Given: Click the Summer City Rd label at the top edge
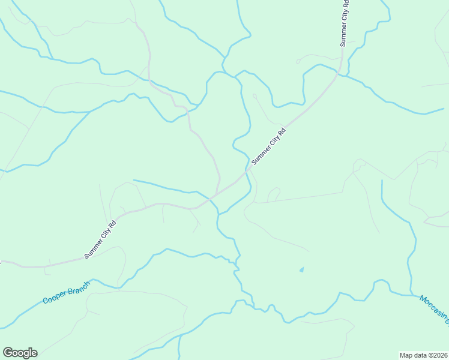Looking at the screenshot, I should (x=344, y=23).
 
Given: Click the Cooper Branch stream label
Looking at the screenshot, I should (x=66, y=292).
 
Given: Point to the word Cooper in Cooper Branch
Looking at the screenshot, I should (x=54, y=298).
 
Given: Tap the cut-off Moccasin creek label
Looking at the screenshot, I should (x=434, y=309).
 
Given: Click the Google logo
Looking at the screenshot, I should (x=20, y=353).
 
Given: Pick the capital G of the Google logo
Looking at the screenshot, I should (x=8, y=352).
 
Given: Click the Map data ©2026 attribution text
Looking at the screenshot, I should (x=423, y=355).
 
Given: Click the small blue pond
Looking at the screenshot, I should (x=301, y=269).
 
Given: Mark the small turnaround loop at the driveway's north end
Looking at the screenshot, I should (x=255, y=95).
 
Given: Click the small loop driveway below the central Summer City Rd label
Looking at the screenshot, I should (x=274, y=194).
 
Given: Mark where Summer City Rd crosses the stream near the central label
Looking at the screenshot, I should (x=246, y=173).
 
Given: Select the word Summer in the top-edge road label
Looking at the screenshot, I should (x=343, y=34).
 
